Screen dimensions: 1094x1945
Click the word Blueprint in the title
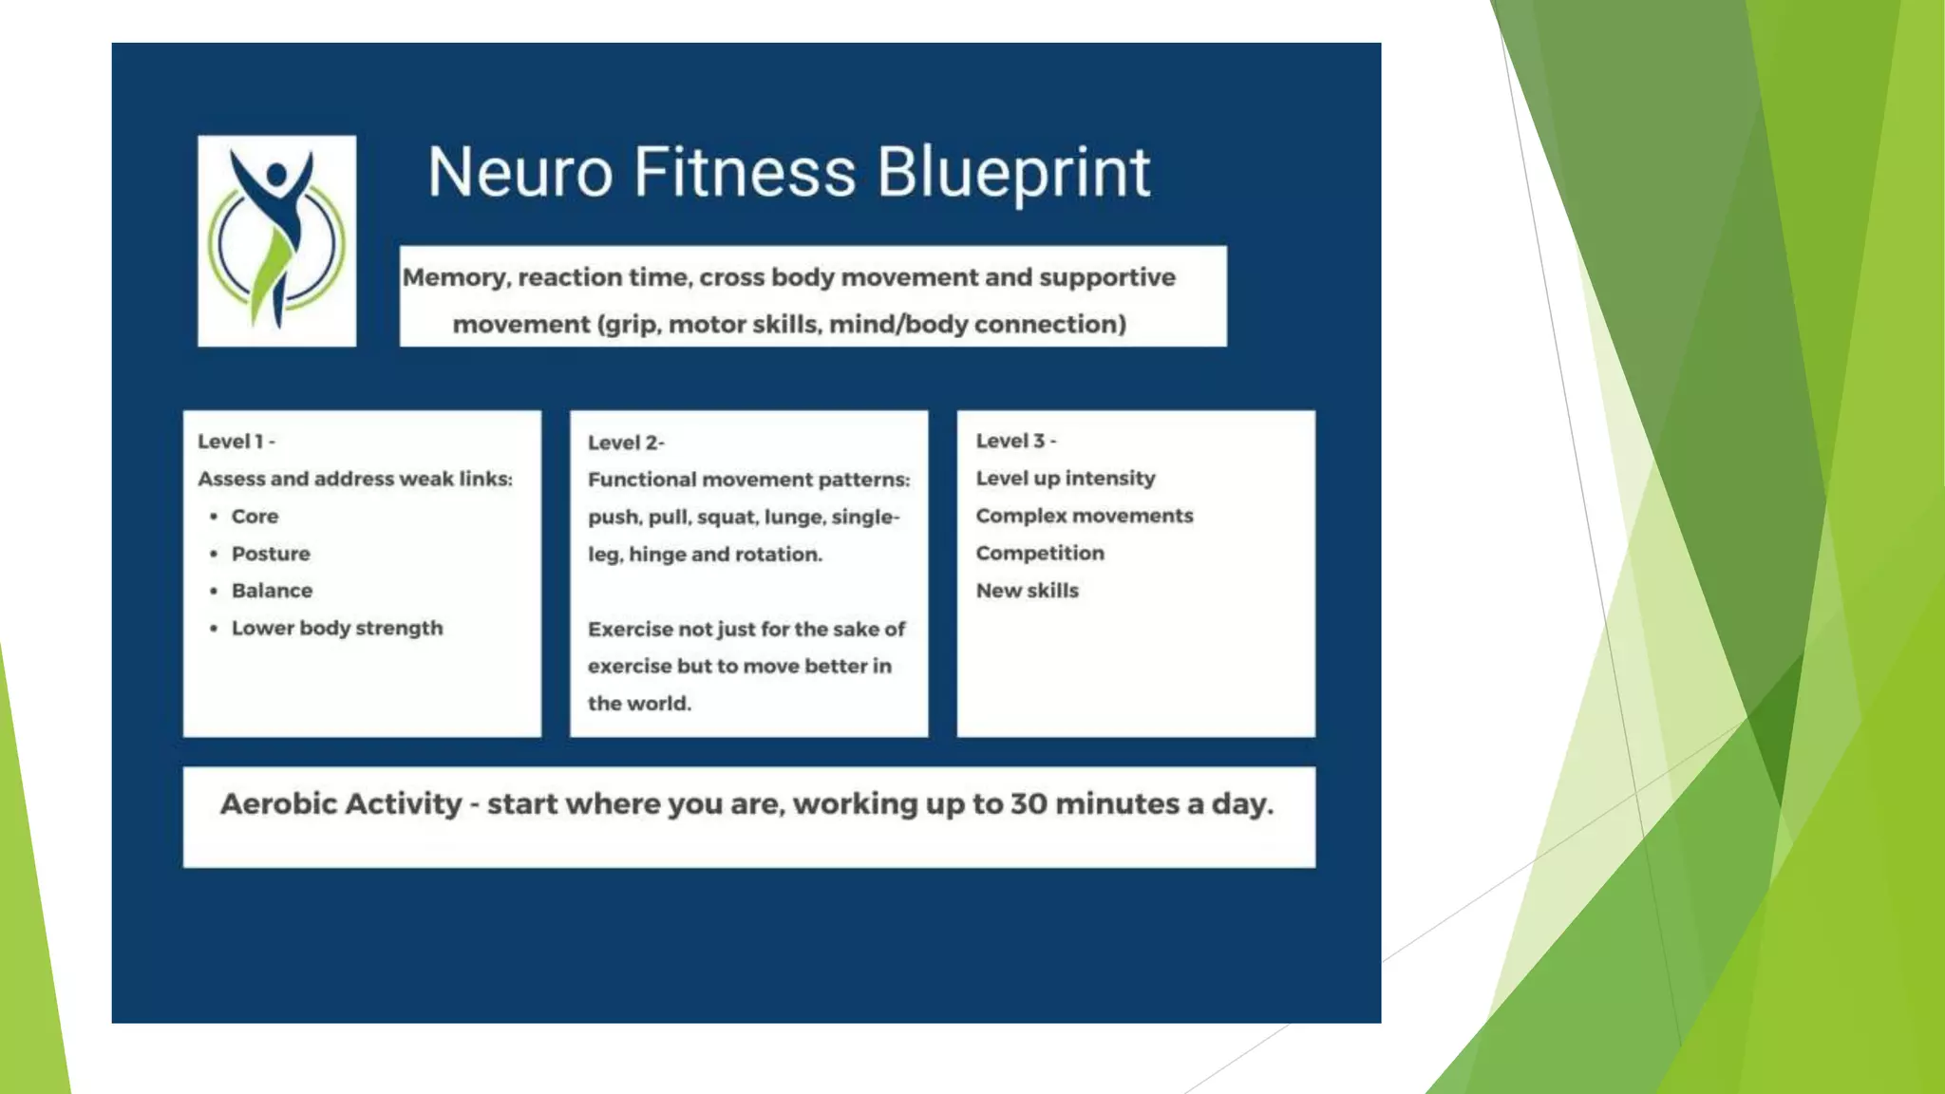click(1012, 173)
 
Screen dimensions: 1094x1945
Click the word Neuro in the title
click(519, 173)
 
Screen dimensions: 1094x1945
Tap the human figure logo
click(276, 240)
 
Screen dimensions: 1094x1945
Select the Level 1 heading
click(236, 442)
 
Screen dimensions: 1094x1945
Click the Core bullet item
click(255, 517)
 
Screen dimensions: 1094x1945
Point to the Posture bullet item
click(271, 554)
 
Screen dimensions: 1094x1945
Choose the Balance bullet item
click(272, 591)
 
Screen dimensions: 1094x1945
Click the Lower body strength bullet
click(336, 628)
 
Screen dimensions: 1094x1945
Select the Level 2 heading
click(625, 443)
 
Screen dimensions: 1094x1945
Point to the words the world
click(639, 704)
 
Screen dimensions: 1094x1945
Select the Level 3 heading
click(1015, 441)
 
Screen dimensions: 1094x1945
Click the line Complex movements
click(1084, 516)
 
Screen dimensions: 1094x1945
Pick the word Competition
click(1040, 553)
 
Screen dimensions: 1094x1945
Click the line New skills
click(1027, 591)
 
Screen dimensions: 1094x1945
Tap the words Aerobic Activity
click(341, 804)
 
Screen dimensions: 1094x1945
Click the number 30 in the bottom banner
click(1029, 804)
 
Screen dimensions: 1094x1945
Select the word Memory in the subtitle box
click(455, 278)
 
